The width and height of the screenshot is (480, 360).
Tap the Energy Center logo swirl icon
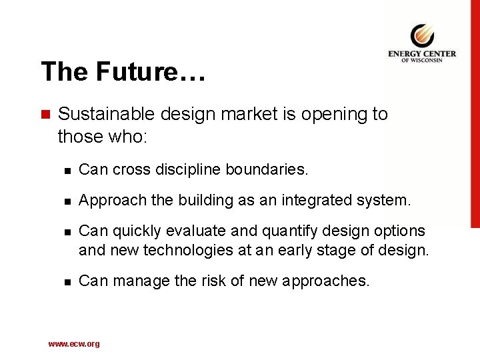tap(422, 35)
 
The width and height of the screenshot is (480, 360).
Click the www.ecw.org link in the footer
tap(74, 344)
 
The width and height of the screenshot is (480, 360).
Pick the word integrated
tap(323, 200)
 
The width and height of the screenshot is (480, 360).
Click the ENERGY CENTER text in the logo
tap(422, 54)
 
